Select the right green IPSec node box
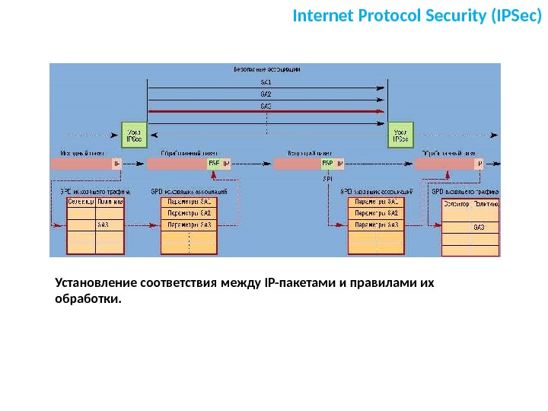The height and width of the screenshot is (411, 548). click(399, 135)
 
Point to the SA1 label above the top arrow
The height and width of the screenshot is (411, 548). click(266, 81)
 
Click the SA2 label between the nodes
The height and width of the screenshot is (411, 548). click(266, 94)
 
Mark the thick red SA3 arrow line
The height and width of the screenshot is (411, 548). click(266, 112)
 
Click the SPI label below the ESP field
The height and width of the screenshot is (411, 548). click(327, 178)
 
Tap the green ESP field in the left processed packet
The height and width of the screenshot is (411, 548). click(213, 164)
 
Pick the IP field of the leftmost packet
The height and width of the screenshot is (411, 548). click(116, 164)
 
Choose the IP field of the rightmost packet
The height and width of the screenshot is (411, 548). click(479, 164)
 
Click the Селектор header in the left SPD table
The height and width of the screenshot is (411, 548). click(81, 202)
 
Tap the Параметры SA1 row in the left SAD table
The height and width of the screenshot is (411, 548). click(189, 202)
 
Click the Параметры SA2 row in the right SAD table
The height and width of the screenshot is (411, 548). click(376, 214)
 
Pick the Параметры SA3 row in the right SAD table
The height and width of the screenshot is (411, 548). click(376, 225)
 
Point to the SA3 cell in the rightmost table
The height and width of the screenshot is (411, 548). click(479, 227)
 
